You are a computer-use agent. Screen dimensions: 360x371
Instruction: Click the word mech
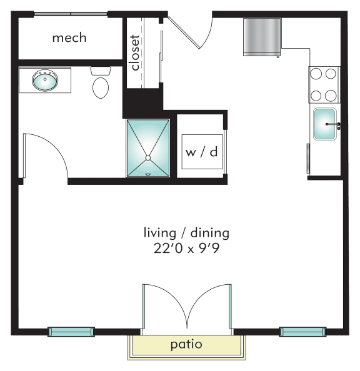pos(69,38)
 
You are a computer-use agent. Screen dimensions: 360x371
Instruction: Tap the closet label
pos(135,52)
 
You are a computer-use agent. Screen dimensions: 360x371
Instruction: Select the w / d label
pos(202,152)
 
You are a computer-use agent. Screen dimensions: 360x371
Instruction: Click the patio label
pos(186,345)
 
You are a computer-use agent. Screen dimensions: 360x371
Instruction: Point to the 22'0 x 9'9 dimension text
pos(186,249)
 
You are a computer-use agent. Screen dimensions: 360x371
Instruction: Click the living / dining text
pos(186,232)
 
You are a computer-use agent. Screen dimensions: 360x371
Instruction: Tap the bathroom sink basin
pos(45,81)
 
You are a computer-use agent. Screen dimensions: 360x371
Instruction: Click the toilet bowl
pos(101,88)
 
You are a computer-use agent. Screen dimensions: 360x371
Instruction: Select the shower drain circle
pos(148,158)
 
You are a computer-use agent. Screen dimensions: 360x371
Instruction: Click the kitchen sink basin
pos(325,124)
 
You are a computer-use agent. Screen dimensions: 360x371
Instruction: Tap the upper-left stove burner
pos(316,74)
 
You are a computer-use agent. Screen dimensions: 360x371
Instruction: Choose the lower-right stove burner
pos(331,96)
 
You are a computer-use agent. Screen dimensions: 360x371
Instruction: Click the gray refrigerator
pos(262,37)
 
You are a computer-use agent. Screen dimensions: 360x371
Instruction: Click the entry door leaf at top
pos(184,32)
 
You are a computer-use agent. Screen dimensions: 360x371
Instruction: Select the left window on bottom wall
pos(71,332)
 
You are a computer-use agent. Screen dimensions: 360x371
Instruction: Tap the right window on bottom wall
pos(302,332)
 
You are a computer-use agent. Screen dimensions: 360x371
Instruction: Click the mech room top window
pos(71,14)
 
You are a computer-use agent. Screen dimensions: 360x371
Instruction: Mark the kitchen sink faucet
pos(334,124)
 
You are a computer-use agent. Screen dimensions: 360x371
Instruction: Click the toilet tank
pos(101,71)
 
